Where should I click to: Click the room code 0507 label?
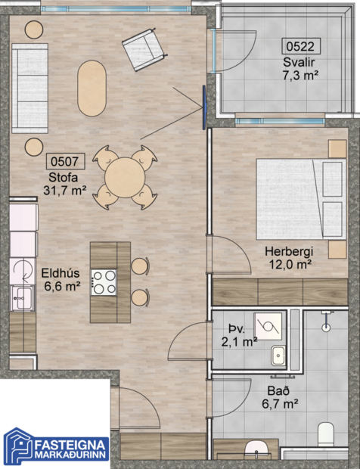coord(67,161)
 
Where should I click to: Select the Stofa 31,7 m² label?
coord(64,184)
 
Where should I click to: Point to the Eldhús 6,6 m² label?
coord(61,280)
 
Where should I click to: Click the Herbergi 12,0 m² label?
coord(289,257)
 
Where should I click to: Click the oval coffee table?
coord(92,88)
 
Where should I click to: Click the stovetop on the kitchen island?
coord(104,282)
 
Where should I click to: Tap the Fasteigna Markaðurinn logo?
coord(57,446)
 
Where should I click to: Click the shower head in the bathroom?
coord(326,325)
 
